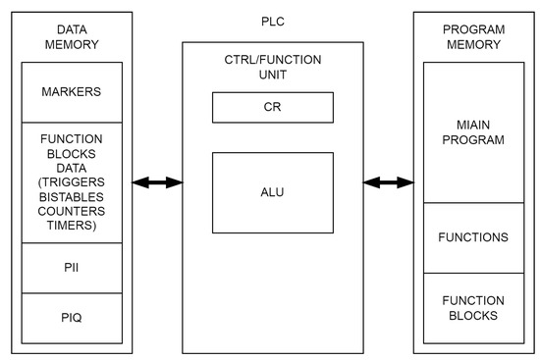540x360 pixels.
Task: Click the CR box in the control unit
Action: coord(272,107)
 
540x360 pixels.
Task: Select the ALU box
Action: coord(272,192)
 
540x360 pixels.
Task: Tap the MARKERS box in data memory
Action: coord(72,92)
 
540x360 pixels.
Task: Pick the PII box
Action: coord(72,268)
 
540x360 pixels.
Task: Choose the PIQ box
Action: coord(72,318)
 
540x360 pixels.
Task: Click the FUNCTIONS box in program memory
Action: coord(473,237)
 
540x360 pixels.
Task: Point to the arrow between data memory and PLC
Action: coord(158,181)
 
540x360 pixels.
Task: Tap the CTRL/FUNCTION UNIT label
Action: coord(272,68)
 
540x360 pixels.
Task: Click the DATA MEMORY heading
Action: coord(72,37)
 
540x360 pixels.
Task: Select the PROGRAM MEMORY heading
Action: coord(473,37)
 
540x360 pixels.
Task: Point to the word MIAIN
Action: coord(473,125)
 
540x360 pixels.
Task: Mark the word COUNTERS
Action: coord(72,209)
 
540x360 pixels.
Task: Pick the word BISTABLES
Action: coord(72,195)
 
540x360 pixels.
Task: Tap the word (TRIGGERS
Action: coord(72,181)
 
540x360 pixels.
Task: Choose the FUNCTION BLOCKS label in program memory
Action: coord(473,307)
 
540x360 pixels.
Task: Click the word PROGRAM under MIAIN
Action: coord(473,139)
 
